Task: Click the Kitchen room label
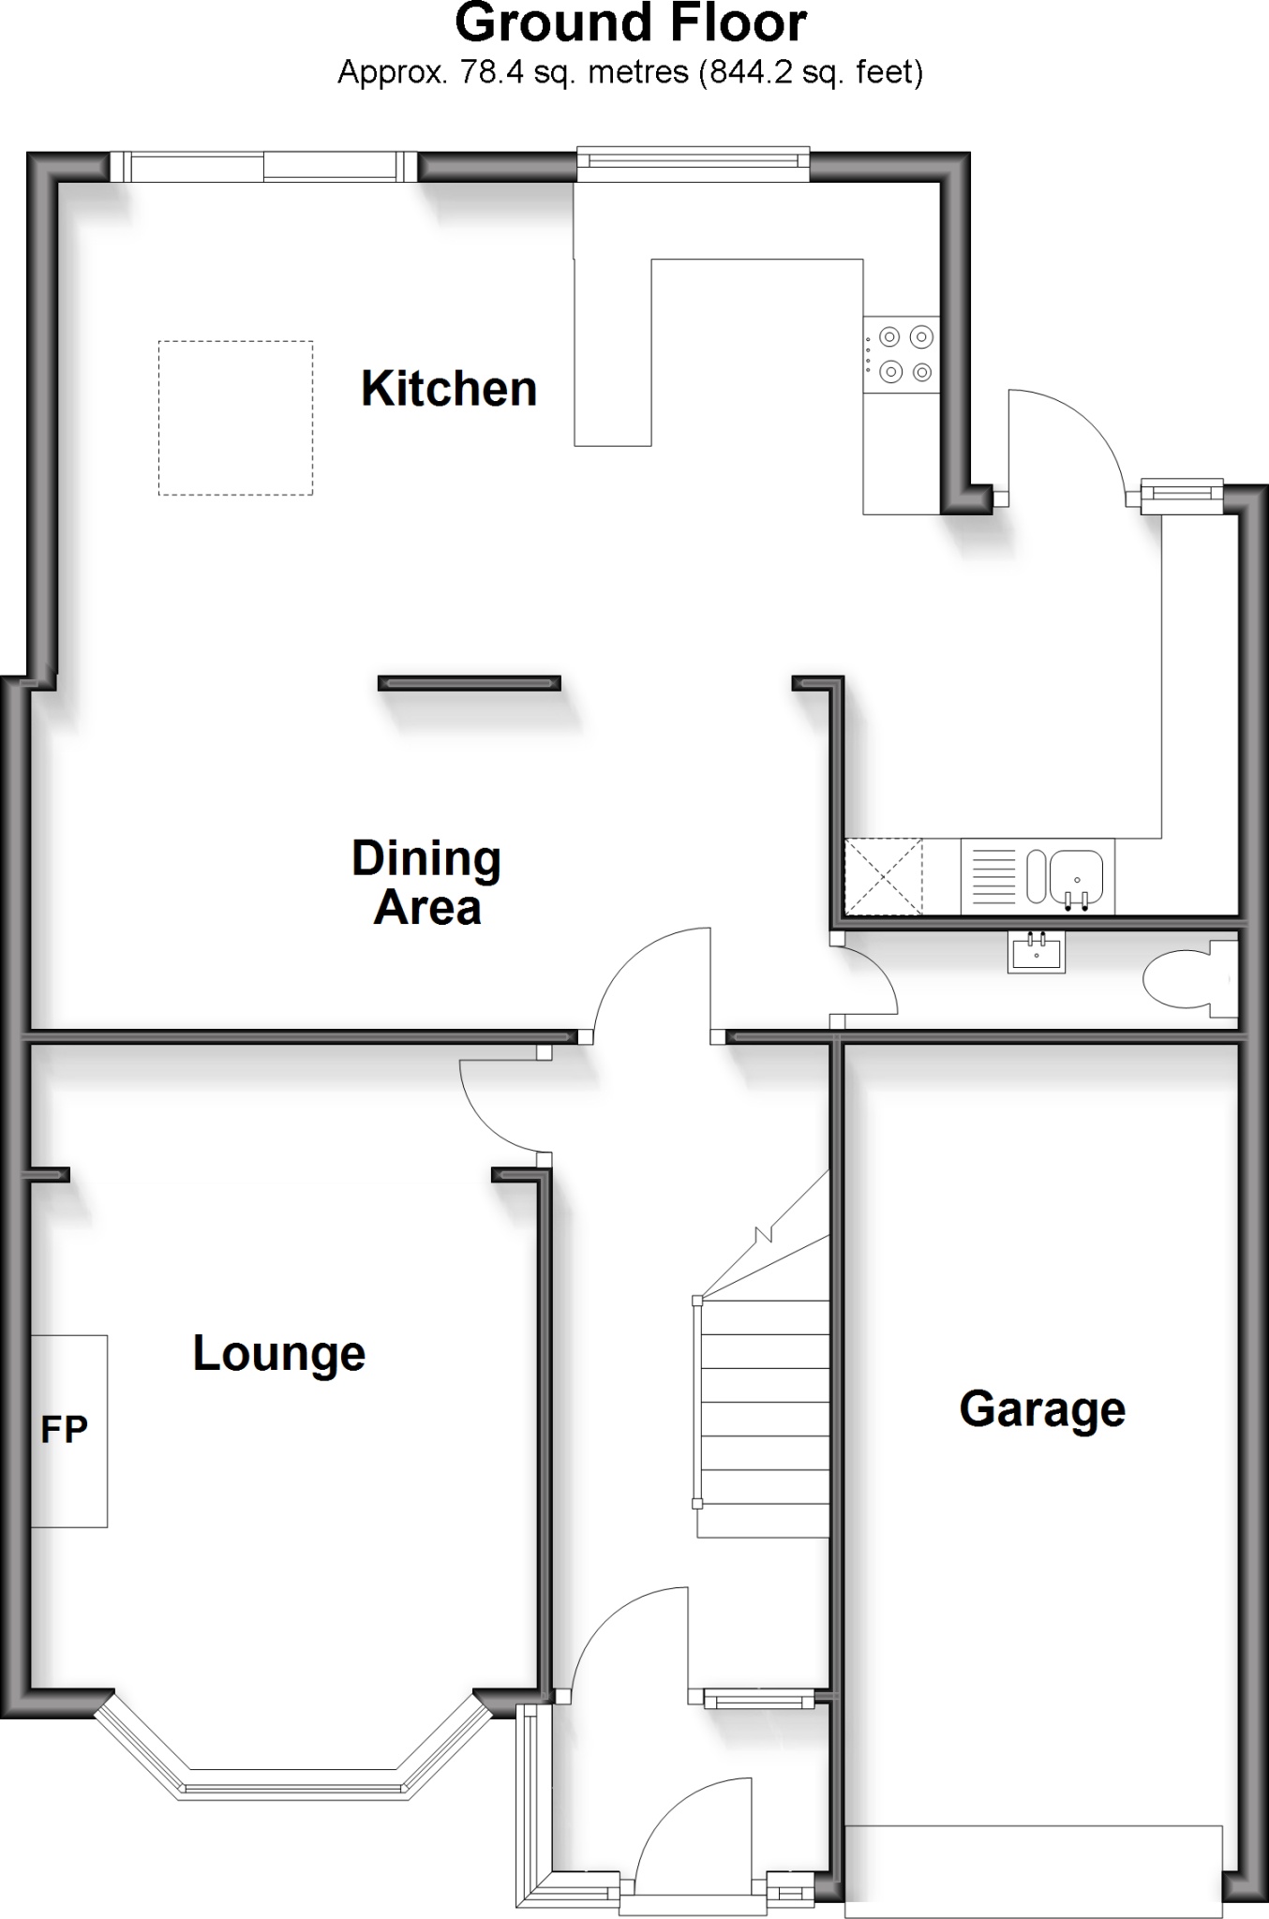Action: pos(449,389)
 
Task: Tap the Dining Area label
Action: pos(426,883)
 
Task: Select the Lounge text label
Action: pos(279,1353)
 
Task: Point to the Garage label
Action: pos(1042,1409)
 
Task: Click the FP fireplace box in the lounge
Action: pos(68,1431)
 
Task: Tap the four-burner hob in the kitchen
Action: pos(902,354)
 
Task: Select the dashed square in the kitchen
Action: pos(235,418)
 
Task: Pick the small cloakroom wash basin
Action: pos(1037,951)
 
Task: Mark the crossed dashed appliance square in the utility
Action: pos(884,877)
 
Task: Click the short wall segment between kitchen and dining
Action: pos(470,684)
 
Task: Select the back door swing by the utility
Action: pos(1064,440)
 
